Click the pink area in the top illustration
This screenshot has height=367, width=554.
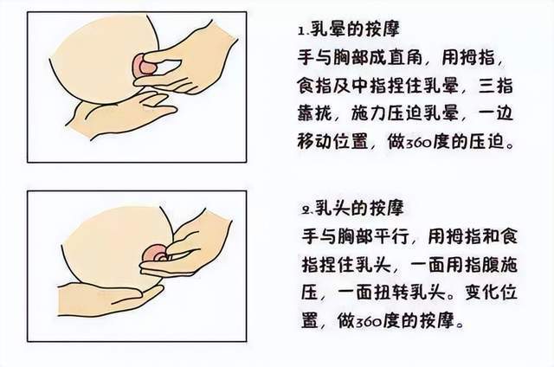click(145, 66)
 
